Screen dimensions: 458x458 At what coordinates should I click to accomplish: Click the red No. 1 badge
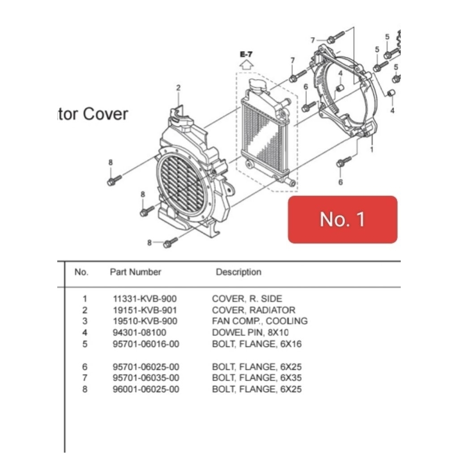point(342,219)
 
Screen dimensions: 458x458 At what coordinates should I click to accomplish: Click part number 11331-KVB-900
point(145,299)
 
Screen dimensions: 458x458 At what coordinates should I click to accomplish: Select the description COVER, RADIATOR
point(254,310)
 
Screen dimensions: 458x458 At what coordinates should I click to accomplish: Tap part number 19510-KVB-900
point(145,321)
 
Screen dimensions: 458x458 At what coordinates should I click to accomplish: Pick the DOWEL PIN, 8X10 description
point(250,332)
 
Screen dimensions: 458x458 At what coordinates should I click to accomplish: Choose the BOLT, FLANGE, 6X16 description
point(257,344)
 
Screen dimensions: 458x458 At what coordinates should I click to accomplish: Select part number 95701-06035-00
point(146,378)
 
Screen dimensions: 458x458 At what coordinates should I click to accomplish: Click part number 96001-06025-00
point(146,389)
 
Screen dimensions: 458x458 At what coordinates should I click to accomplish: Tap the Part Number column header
point(136,272)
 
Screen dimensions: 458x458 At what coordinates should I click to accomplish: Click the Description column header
point(238,272)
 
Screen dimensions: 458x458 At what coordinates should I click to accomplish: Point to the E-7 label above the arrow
point(246,54)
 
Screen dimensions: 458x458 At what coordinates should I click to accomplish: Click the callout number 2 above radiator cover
point(178,88)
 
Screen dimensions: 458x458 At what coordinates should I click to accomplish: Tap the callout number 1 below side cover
point(371,150)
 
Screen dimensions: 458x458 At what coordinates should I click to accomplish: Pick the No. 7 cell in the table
point(85,378)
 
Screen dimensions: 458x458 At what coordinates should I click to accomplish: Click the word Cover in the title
point(105,114)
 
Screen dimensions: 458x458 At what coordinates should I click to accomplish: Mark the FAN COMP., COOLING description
point(259,321)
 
